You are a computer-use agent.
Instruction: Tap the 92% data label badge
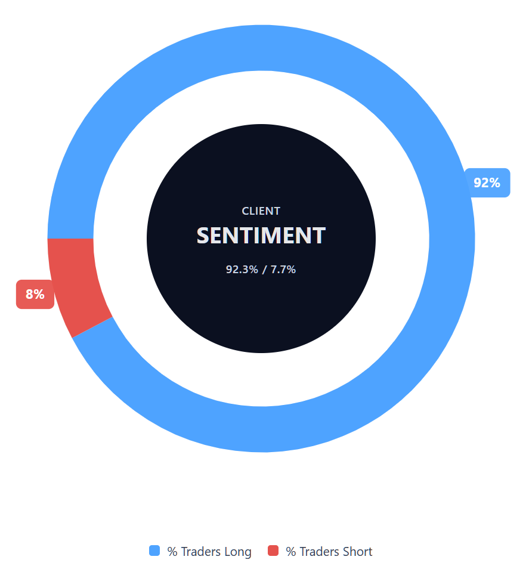(487, 183)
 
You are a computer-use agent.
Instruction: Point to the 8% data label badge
(35, 294)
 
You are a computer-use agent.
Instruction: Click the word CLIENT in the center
(261, 211)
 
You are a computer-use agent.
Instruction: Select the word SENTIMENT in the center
(261, 236)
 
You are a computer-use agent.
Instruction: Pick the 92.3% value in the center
(242, 269)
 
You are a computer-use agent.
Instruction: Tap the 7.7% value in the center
(283, 269)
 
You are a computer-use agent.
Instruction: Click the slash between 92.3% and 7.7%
(264, 269)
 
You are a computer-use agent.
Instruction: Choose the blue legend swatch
(154, 551)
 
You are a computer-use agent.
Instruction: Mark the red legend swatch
(273, 551)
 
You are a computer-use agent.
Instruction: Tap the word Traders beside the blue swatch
(200, 552)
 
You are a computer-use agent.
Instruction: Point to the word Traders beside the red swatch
(319, 552)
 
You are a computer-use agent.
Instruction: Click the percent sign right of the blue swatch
(172, 552)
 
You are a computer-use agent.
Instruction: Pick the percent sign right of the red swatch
(290, 552)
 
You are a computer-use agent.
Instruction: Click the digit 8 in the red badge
(29, 294)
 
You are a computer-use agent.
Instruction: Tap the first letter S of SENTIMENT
(203, 236)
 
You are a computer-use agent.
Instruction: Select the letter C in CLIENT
(245, 211)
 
